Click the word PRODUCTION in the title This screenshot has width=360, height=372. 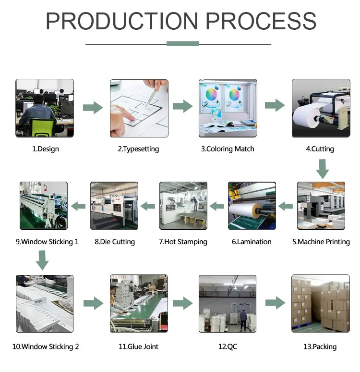[x=122, y=21]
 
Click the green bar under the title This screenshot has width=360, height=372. [x=182, y=44]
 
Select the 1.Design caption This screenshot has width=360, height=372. [x=46, y=149]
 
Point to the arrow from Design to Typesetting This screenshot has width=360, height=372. [x=93, y=108]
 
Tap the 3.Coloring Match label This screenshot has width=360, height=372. [x=228, y=149]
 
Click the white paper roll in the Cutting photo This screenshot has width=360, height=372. [x=307, y=115]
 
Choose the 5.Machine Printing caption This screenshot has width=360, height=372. [x=321, y=242]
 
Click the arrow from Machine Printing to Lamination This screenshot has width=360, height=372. [x=286, y=206]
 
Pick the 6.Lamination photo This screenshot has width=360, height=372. [x=252, y=205]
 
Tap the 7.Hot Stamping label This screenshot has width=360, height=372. [x=183, y=242]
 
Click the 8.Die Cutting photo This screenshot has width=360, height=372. [x=114, y=205]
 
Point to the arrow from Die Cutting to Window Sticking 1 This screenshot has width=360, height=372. [x=79, y=206]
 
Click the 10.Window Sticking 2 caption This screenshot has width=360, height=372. [x=46, y=347]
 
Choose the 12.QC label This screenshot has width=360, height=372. [x=228, y=347]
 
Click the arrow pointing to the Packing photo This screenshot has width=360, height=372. [x=275, y=303]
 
